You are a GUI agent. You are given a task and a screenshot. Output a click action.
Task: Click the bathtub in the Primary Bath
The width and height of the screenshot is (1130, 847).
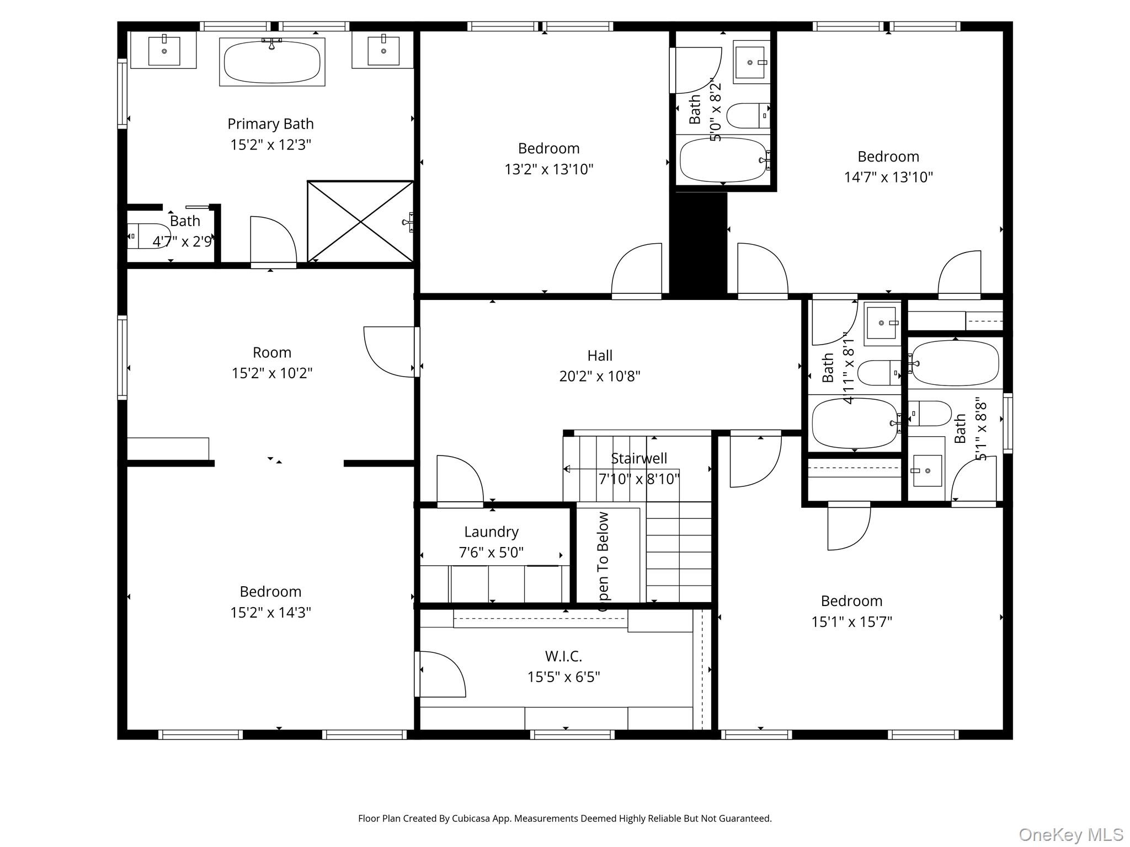272,62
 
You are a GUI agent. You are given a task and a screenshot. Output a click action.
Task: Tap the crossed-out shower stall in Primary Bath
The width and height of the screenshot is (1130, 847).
360,222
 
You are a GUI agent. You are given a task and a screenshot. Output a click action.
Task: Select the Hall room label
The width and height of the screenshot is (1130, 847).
600,356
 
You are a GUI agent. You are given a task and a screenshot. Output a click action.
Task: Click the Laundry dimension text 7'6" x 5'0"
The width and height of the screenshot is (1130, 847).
491,553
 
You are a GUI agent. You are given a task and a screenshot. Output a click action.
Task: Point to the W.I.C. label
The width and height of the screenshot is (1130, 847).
563,656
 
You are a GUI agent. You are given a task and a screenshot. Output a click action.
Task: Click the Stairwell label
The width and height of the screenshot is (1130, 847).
639,459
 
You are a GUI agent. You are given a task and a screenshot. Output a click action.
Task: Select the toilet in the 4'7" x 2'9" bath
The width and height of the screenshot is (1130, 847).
148,236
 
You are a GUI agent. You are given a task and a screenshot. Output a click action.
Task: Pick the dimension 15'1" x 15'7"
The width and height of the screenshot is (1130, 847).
851,622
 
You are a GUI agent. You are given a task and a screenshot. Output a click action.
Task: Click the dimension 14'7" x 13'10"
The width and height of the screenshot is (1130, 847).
888,178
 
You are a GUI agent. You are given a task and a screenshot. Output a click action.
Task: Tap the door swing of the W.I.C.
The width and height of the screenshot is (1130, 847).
441,674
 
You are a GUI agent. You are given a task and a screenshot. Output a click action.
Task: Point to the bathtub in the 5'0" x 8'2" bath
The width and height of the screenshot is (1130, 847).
722,160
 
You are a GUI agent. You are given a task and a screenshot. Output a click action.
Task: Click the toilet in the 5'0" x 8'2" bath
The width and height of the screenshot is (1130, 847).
748,116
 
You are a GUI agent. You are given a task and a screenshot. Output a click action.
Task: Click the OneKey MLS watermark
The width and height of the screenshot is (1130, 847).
1070,834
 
